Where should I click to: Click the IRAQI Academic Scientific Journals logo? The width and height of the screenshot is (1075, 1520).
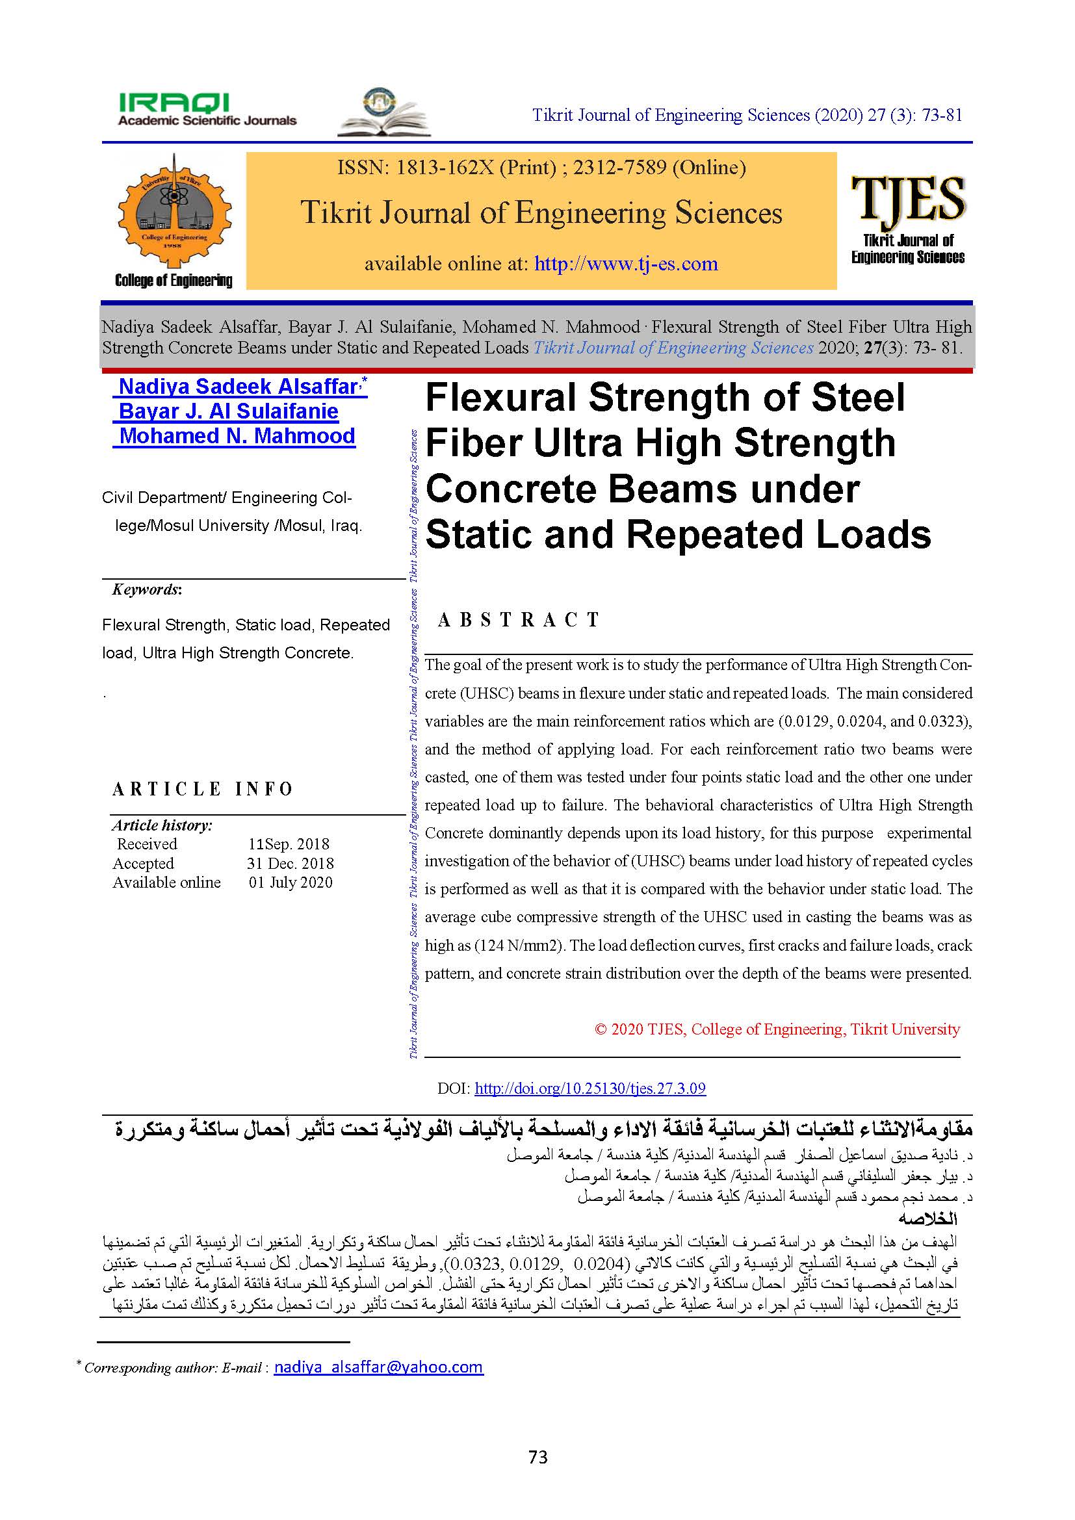[x=207, y=110]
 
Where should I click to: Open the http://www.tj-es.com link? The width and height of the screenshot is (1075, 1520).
[x=625, y=264]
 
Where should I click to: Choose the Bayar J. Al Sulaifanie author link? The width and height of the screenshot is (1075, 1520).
[x=227, y=411]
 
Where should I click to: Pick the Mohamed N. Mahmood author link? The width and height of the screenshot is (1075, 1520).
[x=237, y=435]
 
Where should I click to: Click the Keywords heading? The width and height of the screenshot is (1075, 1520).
[x=146, y=589]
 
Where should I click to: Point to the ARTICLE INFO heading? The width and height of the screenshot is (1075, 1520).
[x=203, y=789]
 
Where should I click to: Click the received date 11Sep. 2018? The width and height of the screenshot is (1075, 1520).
[x=289, y=844]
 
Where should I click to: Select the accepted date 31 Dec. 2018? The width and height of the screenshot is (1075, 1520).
[x=290, y=863]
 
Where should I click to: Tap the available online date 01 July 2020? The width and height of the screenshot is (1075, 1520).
[x=291, y=882]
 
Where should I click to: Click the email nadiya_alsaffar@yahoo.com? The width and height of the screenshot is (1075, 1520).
[x=378, y=1367]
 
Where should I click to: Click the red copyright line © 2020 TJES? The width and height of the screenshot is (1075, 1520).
[x=777, y=1029]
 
